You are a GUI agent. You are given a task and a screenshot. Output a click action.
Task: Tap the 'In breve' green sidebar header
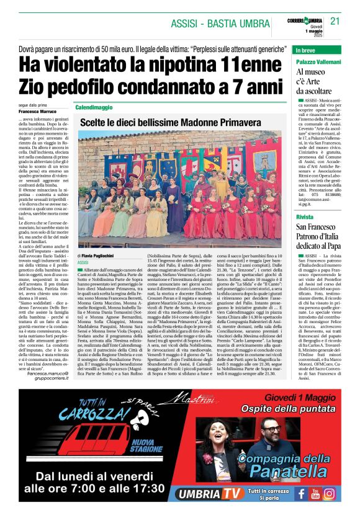(x=308, y=50)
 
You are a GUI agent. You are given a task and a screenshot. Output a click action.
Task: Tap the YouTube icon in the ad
(x=315, y=494)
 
